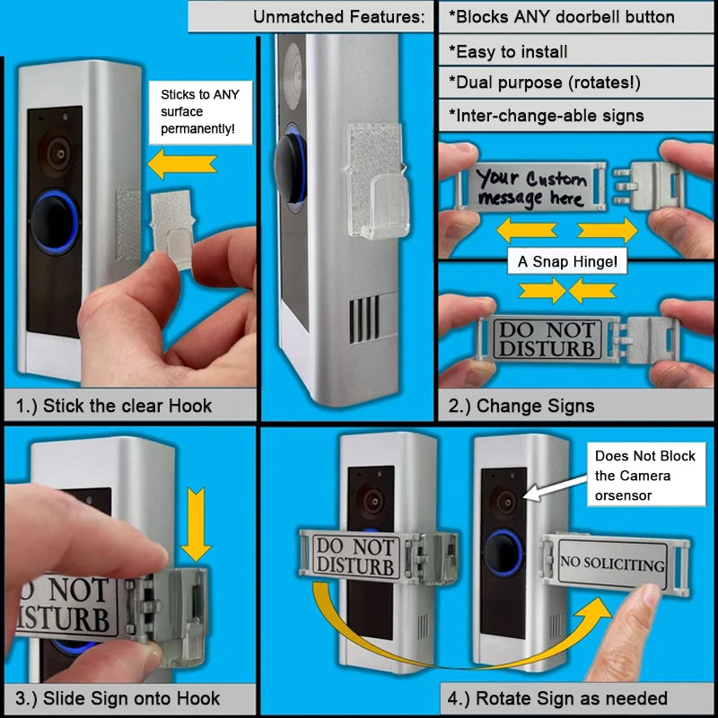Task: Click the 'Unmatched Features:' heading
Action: point(337,16)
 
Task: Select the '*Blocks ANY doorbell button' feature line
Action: point(561,16)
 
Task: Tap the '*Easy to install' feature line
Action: point(508,51)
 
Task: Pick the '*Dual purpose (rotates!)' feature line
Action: point(544,83)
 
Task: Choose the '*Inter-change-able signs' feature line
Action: point(546,115)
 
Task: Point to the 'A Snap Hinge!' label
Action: point(567,262)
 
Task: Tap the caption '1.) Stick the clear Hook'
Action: point(114,406)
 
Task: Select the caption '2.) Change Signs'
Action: point(521,406)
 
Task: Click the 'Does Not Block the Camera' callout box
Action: point(644,476)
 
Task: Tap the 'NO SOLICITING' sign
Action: point(612,564)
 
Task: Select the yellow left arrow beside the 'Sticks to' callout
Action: point(182,163)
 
